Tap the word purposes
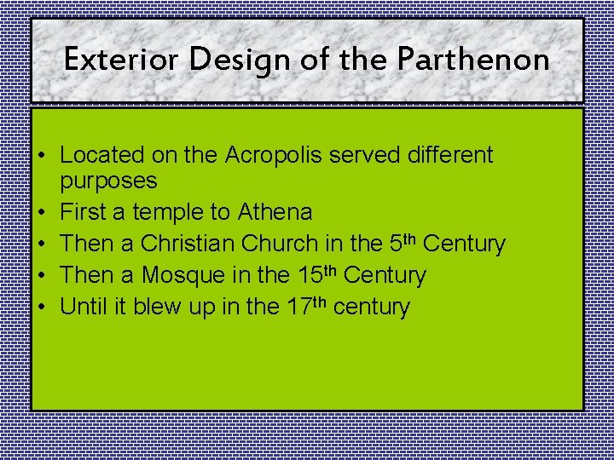tap(108, 181)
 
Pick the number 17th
tap(304, 305)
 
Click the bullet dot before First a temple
tap(41, 212)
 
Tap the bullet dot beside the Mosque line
tap(41, 275)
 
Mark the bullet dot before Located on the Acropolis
tap(41, 156)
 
